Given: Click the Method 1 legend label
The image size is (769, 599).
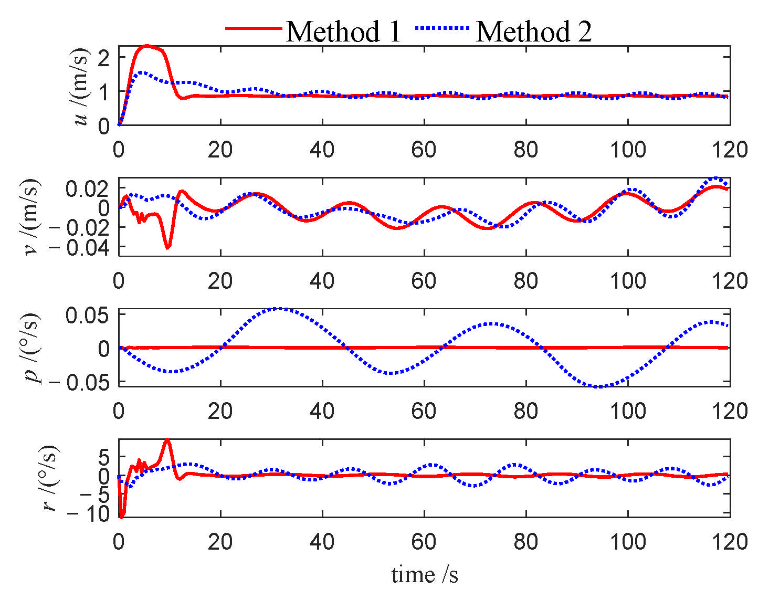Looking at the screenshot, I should coord(343,31).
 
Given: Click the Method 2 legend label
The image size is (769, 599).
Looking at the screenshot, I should coord(534,31).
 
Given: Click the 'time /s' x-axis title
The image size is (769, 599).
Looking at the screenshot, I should coord(425,575).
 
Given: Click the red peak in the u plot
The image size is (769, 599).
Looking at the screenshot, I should coord(147,46).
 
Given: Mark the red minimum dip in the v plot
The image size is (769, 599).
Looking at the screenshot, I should coord(167,247).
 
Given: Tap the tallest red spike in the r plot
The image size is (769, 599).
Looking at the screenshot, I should coord(167,440).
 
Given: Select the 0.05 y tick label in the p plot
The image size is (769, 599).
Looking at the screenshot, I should coord(87,316).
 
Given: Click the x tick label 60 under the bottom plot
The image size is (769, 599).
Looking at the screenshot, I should coord(424,542).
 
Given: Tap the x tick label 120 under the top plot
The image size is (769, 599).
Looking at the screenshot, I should coord(729,150).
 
